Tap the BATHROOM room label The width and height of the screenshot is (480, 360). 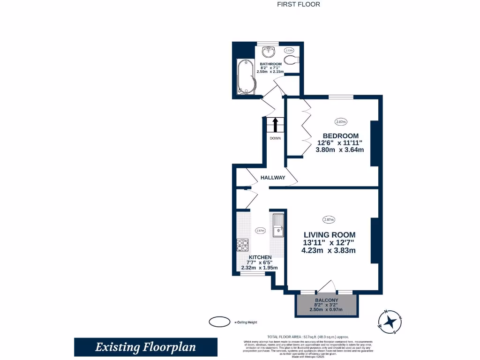[x=270, y=64]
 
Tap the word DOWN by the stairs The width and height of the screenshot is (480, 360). [x=275, y=138]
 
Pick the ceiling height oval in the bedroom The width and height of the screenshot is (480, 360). [x=341, y=122]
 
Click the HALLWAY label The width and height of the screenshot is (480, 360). [x=273, y=178]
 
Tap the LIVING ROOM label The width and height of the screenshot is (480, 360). [x=329, y=235]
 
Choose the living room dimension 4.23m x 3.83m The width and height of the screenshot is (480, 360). [x=328, y=250]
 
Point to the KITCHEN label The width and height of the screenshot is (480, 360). [x=260, y=257]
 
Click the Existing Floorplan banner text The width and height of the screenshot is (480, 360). [x=145, y=347]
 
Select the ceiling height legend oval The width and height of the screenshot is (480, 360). [x=218, y=322]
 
